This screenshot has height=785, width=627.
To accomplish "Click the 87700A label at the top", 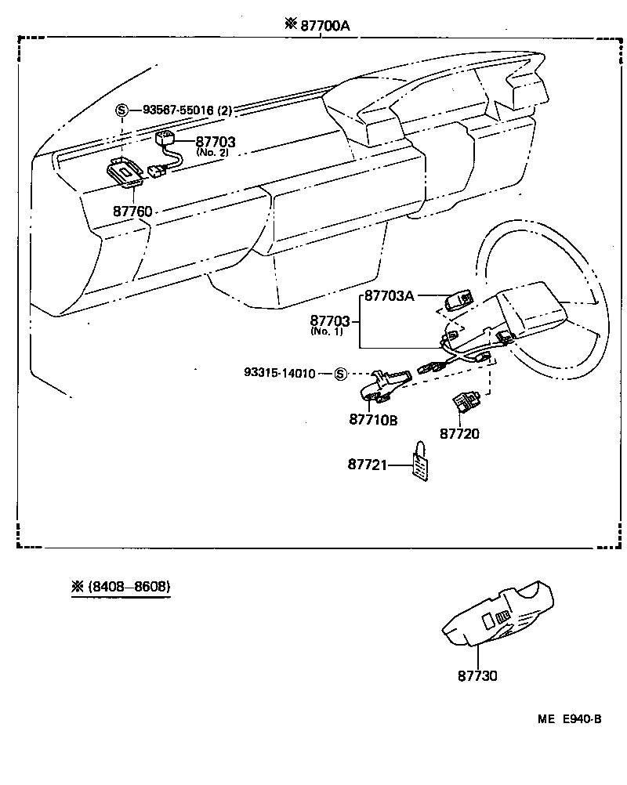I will pos(322,25).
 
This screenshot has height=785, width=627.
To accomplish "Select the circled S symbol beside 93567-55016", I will pos(122,110).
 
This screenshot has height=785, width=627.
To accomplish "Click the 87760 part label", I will pos(132,212).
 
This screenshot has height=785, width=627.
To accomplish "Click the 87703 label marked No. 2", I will pos(216,142).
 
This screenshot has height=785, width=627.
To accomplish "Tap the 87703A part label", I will pos(390,296).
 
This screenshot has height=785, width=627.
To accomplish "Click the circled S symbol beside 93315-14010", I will pos(340,374).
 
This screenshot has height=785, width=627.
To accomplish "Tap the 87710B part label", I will pos(373,420).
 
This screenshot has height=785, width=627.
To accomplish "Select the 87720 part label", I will pos(459,433).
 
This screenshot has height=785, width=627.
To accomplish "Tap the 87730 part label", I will pos(477,675).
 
